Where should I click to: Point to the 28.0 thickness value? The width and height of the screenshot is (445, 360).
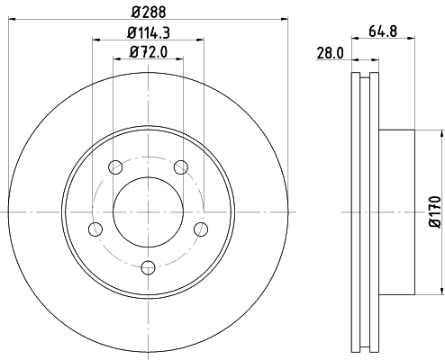(330, 53)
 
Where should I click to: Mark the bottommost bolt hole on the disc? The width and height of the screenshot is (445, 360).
(148, 266)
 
